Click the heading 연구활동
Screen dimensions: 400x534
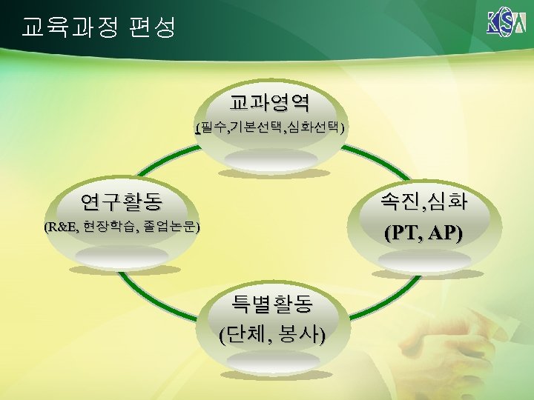122,201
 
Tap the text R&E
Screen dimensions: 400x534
63,227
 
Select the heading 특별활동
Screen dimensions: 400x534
271,303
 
